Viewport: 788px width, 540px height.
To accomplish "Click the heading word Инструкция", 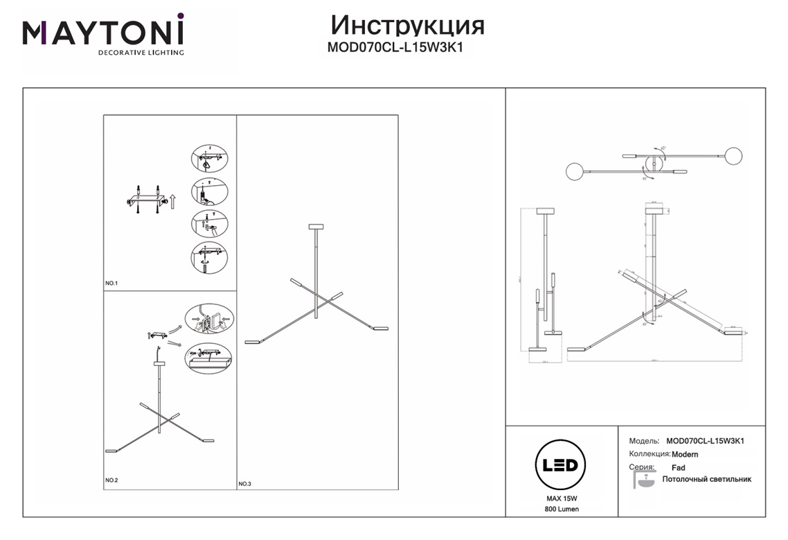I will click(x=407, y=25).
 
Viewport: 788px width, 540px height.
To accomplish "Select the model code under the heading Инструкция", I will click(x=394, y=49).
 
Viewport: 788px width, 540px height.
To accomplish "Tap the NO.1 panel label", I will click(x=112, y=284).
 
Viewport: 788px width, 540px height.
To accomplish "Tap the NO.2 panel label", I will click(x=112, y=480).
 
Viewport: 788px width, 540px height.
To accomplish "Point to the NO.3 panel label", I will click(x=245, y=484).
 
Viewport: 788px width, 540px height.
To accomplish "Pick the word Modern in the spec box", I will click(x=685, y=454).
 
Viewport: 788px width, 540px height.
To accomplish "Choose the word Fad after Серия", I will click(x=678, y=468).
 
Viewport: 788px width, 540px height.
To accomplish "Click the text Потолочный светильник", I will click(x=706, y=479).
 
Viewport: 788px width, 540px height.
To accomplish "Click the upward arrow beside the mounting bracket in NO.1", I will click(x=173, y=201).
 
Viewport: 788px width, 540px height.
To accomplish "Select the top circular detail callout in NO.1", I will click(x=208, y=159).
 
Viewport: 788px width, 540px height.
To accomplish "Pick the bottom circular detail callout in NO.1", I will click(x=208, y=258).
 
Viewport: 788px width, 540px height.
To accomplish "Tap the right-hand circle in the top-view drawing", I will click(x=733, y=155).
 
